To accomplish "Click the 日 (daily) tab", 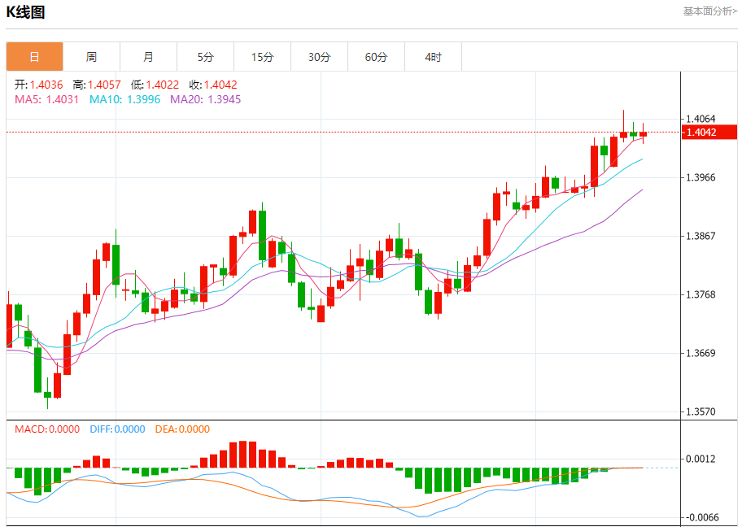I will (34, 57).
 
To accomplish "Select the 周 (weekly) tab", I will (91, 57).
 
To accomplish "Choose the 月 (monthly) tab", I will (148, 57).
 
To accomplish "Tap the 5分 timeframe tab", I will (205, 57).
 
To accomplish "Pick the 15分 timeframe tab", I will (262, 57).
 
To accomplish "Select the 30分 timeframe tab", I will (319, 57).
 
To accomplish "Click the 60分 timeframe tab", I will (376, 57).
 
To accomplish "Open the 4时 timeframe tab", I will (433, 57).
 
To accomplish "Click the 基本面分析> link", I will (709, 11).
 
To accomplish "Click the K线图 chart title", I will (25, 12).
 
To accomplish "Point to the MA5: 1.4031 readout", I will (47, 99).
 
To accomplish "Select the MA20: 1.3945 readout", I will (205, 99).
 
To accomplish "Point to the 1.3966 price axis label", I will (701, 177).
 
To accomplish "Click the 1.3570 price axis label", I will (701, 412).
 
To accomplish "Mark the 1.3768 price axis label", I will (701, 294).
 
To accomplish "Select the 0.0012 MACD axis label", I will (701, 459).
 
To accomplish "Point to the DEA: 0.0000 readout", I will (182, 429).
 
